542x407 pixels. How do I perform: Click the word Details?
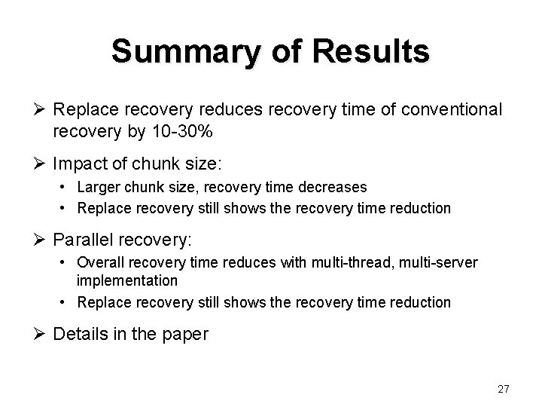[x=81, y=334]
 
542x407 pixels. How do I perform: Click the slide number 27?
[x=504, y=389]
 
